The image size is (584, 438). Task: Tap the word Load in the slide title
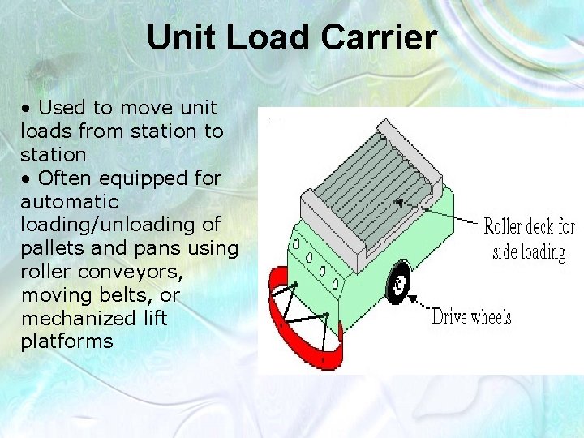tap(269, 37)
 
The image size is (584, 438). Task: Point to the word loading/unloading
tap(120, 225)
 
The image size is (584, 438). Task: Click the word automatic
tap(69, 201)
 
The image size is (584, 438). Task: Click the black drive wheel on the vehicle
tap(398, 285)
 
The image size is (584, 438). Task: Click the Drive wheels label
tap(471, 316)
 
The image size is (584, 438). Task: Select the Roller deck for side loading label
tap(529, 239)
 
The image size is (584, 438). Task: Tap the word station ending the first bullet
tap(53, 154)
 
